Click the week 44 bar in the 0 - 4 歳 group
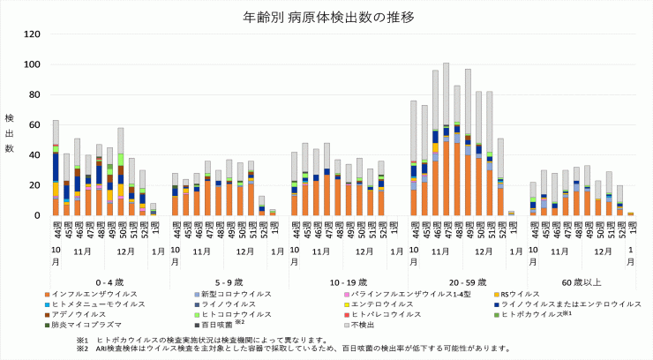point(56,168)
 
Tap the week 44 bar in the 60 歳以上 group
point(533,199)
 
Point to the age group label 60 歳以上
point(582,279)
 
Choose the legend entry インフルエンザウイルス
point(89,293)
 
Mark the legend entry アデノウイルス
point(76,314)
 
